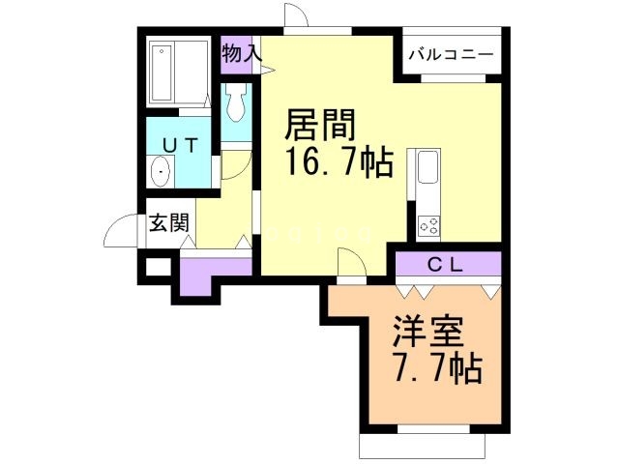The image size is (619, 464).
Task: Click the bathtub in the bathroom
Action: pyautogui.click(x=180, y=72)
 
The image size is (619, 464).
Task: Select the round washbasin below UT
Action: pyautogui.click(x=162, y=173)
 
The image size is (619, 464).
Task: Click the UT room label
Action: pyautogui.click(x=179, y=145)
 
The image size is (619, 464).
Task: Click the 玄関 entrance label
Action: pyautogui.click(x=168, y=224)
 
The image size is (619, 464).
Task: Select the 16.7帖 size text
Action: pyautogui.click(x=338, y=162)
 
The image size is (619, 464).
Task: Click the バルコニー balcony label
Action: pyautogui.click(x=451, y=55)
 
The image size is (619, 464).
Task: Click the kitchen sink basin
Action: pyautogui.click(x=426, y=171)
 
